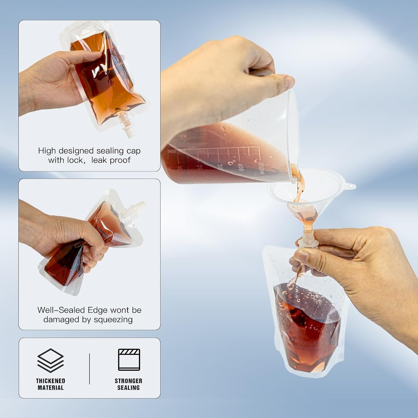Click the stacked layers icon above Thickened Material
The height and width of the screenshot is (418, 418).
point(50,361)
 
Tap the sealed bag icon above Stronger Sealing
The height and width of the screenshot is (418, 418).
point(129,359)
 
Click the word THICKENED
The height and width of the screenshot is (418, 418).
point(50,381)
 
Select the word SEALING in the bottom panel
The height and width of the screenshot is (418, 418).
point(128,388)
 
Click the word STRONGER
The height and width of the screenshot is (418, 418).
point(128,381)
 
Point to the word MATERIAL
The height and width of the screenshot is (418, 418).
point(50,388)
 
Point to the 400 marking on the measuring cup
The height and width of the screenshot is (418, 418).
point(240,167)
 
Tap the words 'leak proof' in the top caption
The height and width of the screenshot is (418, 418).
point(111,160)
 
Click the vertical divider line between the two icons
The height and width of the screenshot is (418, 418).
point(89,369)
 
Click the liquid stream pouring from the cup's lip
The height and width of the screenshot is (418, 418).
point(299,183)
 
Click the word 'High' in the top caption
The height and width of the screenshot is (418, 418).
point(47,151)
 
